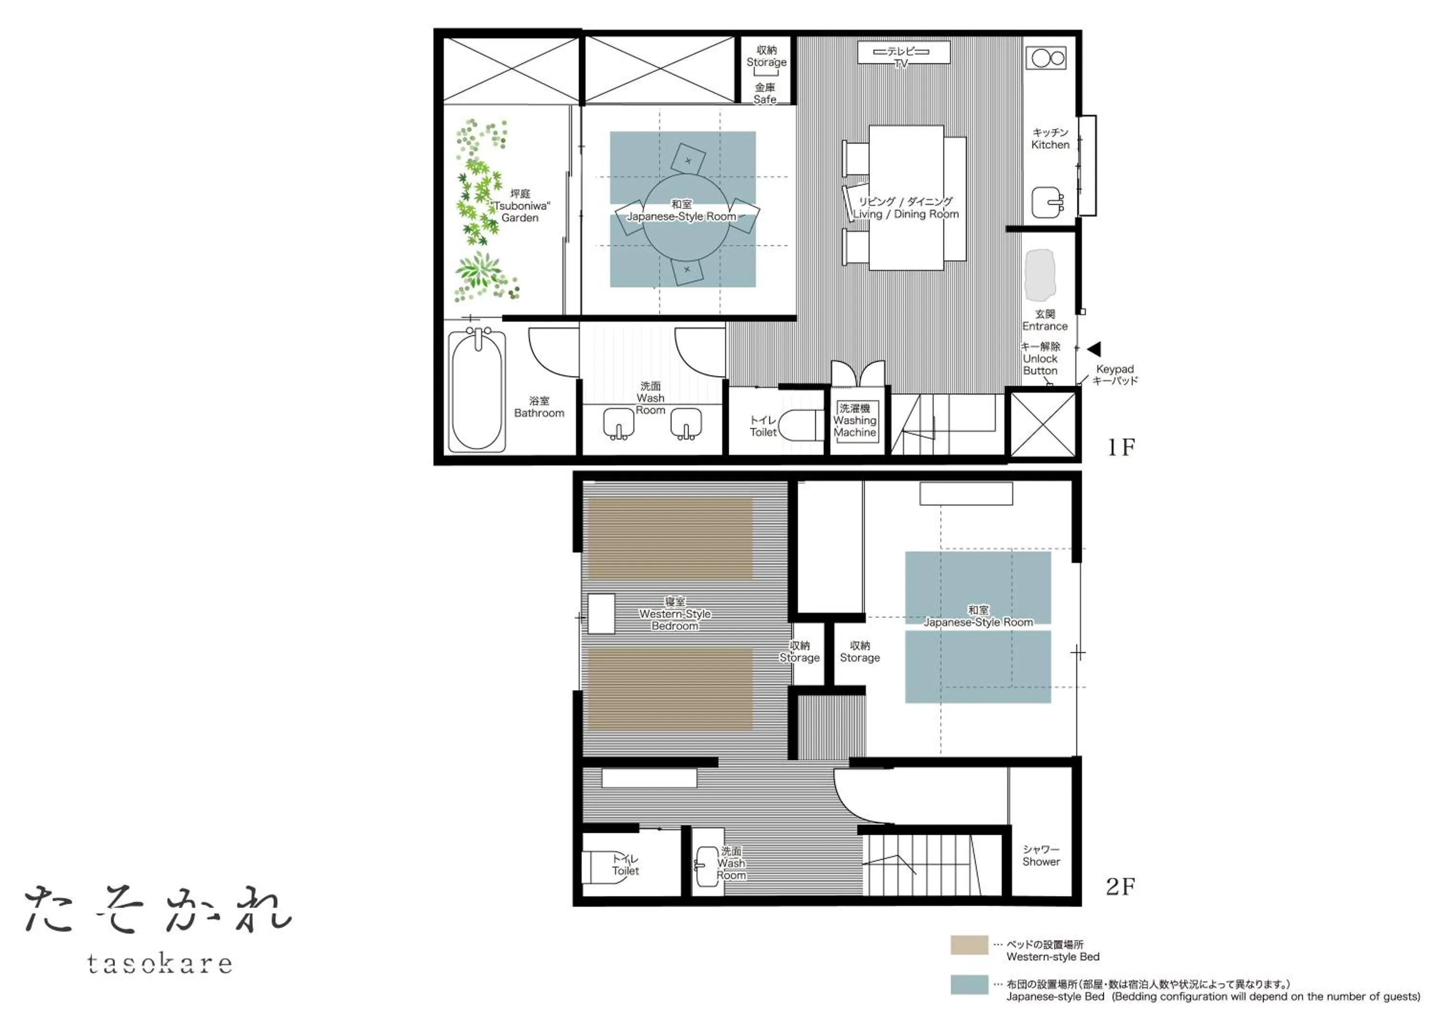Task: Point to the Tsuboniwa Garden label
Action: point(520,206)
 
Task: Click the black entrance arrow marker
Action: point(1094,349)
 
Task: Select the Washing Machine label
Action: point(854,420)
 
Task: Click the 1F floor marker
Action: point(1121,447)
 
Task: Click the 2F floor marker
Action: point(1121,886)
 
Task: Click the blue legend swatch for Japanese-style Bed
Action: point(969,984)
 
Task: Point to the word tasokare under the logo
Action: point(160,964)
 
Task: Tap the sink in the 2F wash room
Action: point(707,866)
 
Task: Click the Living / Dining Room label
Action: point(905,208)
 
